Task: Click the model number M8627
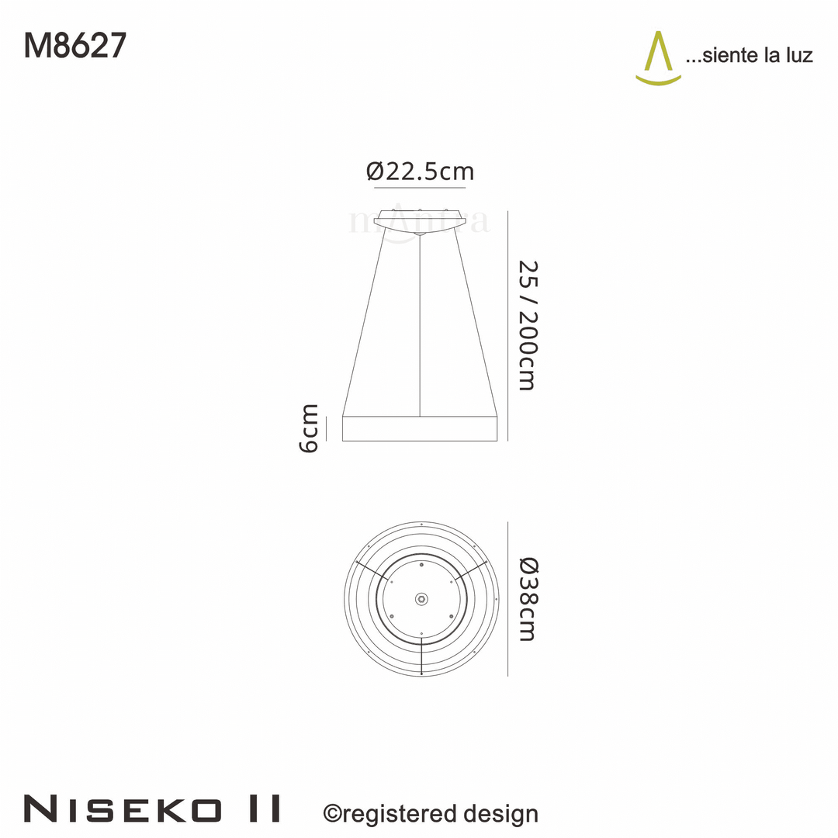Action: pyautogui.click(x=74, y=47)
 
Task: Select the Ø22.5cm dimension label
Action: pyautogui.click(x=420, y=171)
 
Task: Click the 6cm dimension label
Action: pyautogui.click(x=309, y=428)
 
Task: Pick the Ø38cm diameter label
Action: pyautogui.click(x=527, y=598)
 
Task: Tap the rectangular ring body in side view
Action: pyautogui.click(x=420, y=428)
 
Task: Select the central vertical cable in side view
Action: pyautogui.click(x=420, y=326)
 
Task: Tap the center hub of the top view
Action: pyautogui.click(x=421, y=598)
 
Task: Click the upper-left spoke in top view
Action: pyautogui.click(x=370, y=569)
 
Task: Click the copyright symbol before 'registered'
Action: pyautogui.click(x=332, y=814)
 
